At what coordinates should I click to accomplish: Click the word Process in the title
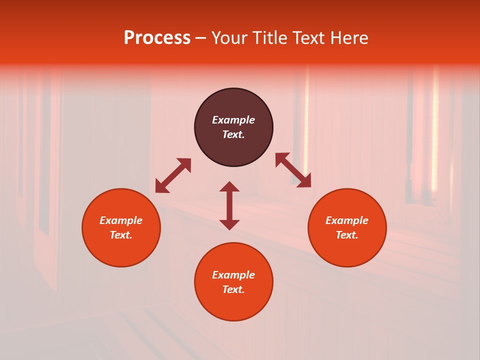[x=157, y=38]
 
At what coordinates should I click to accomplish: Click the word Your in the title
[x=229, y=38]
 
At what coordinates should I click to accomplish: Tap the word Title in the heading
[x=270, y=38]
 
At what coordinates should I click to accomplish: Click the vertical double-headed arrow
[x=229, y=205]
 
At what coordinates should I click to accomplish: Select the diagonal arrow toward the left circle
[x=173, y=175]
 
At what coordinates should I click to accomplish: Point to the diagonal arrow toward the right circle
[x=293, y=170]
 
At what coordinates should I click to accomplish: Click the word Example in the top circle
[x=233, y=120]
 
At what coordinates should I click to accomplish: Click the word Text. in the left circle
[x=121, y=235]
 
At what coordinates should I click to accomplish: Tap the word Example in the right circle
[x=347, y=220]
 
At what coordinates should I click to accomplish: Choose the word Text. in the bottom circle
[x=233, y=289]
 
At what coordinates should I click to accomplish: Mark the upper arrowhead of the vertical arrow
[x=229, y=186]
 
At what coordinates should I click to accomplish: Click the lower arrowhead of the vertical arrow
[x=229, y=224]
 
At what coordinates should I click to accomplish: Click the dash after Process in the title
[x=200, y=38]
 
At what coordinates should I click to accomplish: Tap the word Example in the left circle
[x=121, y=220]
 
